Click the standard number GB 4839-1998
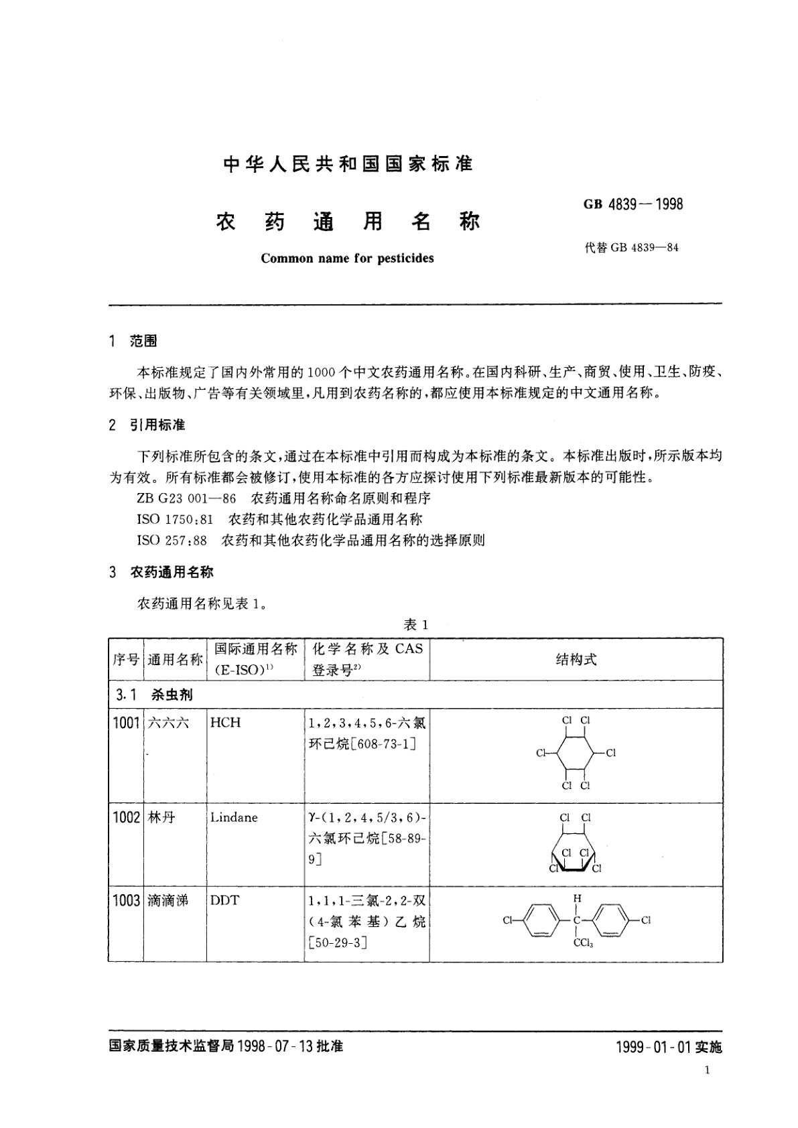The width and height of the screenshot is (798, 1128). pos(633,204)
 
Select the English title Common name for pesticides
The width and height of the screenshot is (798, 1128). pos(347,259)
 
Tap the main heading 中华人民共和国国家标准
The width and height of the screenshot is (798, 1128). pos(348,164)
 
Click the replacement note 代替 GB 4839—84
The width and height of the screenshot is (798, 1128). pos(631,248)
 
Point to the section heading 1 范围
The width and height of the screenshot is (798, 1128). pos(133,342)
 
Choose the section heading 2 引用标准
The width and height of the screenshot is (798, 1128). pos(147,425)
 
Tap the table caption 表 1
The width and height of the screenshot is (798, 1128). pos(415,625)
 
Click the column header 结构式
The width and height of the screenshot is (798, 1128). pos(576,660)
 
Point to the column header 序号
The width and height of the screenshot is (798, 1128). pos(125,660)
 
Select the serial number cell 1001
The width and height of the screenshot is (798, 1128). pos(126,723)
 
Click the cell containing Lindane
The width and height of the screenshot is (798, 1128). pos(233,818)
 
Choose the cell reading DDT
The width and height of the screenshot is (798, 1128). pos(224,901)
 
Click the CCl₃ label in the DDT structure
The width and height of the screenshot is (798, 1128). pos(583,944)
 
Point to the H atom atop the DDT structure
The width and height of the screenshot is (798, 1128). pos(578,898)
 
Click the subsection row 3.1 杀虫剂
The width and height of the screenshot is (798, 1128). pos(154,695)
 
